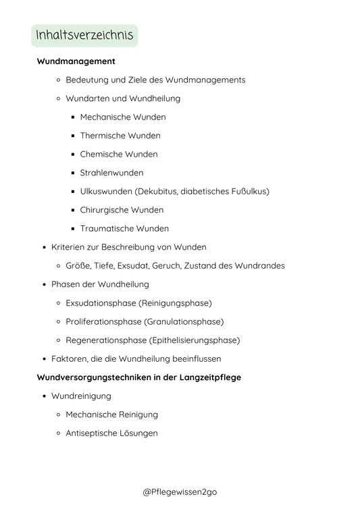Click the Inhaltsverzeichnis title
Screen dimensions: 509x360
[x=84, y=36]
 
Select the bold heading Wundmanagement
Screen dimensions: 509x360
[x=76, y=61]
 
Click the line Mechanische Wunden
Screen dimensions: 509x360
[x=122, y=117]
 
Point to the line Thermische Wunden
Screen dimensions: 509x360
[x=120, y=136]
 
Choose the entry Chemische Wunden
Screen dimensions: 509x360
[x=118, y=154]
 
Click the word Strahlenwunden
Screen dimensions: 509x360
[x=111, y=173]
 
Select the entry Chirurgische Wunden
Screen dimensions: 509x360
[x=122, y=210]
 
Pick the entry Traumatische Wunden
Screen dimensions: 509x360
[x=124, y=228]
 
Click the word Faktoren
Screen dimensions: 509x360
[x=70, y=358]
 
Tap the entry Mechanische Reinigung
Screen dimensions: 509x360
[x=111, y=414]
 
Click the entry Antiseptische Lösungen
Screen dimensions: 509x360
[x=111, y=433]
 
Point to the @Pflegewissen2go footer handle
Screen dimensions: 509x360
[x=180, y=492]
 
